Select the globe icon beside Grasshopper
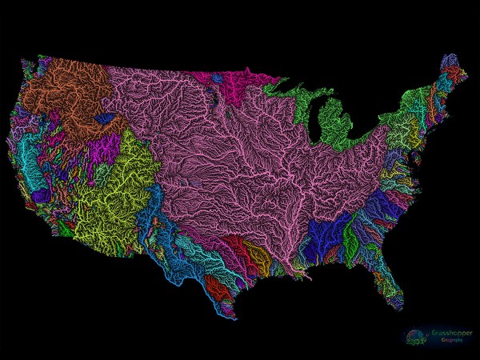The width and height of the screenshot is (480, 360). [414, 334]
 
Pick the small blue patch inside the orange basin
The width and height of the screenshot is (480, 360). [103, 117]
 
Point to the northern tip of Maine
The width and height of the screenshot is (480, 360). [445, 58]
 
